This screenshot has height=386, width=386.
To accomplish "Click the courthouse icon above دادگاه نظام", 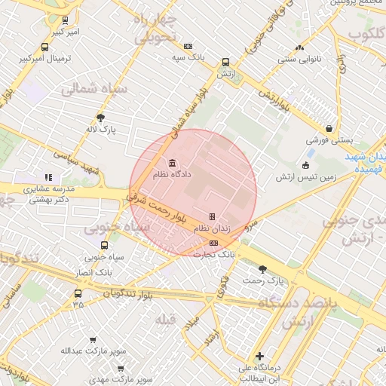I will [x=173, y=163].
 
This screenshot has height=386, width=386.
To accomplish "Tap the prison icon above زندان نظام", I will [x=213, y=216].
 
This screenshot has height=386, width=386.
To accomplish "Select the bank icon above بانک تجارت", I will [x=214, y=243].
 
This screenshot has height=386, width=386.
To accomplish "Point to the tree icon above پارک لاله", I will [x=101, y=118].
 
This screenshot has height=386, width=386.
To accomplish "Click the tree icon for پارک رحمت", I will [x=263, y=269].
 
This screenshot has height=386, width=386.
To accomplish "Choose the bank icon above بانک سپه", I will [x=188, y=46].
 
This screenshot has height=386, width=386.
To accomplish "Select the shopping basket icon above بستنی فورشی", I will [x=329, y=129].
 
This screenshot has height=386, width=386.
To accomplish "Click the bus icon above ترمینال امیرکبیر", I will [x=46, y=47].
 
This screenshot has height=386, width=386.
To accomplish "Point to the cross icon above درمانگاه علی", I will [x=260, y=356].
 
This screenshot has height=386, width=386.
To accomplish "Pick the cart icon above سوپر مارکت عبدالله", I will [x=93, y=341].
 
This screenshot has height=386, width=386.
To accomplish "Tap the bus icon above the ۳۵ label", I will [x=78, y=293].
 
